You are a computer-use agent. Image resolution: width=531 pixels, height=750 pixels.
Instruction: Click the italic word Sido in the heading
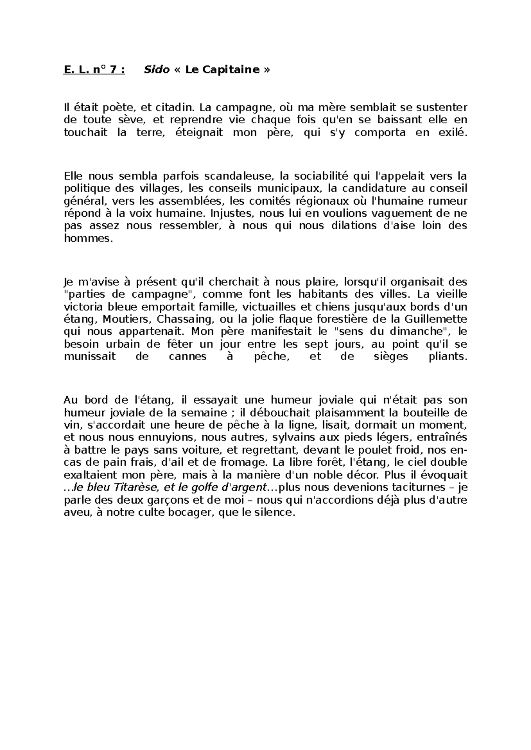coord(157,70)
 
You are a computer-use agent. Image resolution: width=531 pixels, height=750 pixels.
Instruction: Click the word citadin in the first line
coord(176,107)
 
